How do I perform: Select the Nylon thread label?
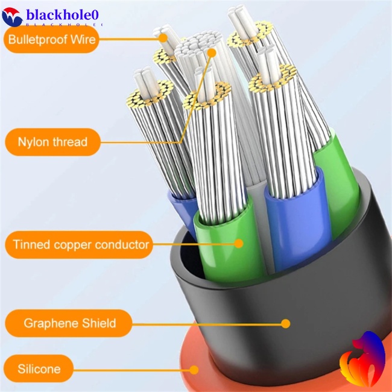[52, 142]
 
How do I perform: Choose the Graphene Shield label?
[69, 324]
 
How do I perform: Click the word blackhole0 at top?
[64, 14]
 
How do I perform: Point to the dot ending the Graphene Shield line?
[286, 324]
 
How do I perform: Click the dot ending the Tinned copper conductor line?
[239, 244]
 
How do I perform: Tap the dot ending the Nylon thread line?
[212, 53]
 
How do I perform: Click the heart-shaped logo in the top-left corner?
[11, 16]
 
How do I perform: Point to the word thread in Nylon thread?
[70, 142]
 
